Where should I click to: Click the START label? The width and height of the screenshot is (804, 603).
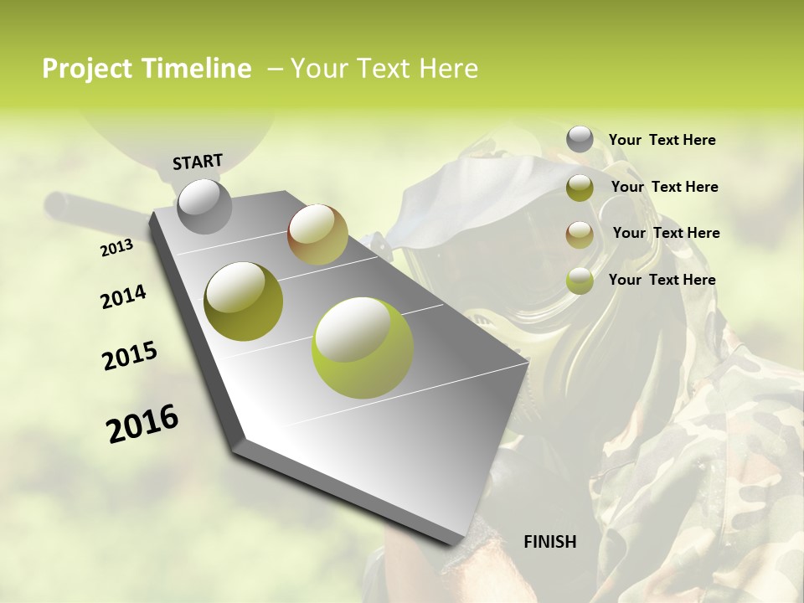[198, 161]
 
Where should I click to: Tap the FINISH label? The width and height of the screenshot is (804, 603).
[550, 542]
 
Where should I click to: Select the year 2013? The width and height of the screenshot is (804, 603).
[116, 248]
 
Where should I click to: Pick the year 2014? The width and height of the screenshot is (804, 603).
[123, 297]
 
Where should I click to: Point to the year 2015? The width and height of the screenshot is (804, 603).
[130, 356]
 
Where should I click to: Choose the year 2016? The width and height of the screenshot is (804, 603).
[142, 424]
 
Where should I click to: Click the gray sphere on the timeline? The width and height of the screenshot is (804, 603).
[205, 206]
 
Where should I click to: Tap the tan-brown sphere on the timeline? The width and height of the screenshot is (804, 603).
[317, 234]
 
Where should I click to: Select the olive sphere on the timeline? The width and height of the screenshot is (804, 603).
[244, 301]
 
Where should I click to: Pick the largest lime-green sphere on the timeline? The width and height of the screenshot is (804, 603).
[363, 348]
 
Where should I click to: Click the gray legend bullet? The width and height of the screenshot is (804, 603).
[580, 139]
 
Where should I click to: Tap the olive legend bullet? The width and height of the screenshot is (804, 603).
[580, 188]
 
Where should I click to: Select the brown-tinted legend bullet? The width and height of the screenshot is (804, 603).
[580, 234]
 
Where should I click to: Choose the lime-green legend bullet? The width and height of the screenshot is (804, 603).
[580, 281]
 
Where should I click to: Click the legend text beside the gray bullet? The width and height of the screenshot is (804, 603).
[662, 140]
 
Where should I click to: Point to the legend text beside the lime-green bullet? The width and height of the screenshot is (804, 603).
[662, 280]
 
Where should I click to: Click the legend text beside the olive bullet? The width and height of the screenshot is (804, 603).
[664, 187]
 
